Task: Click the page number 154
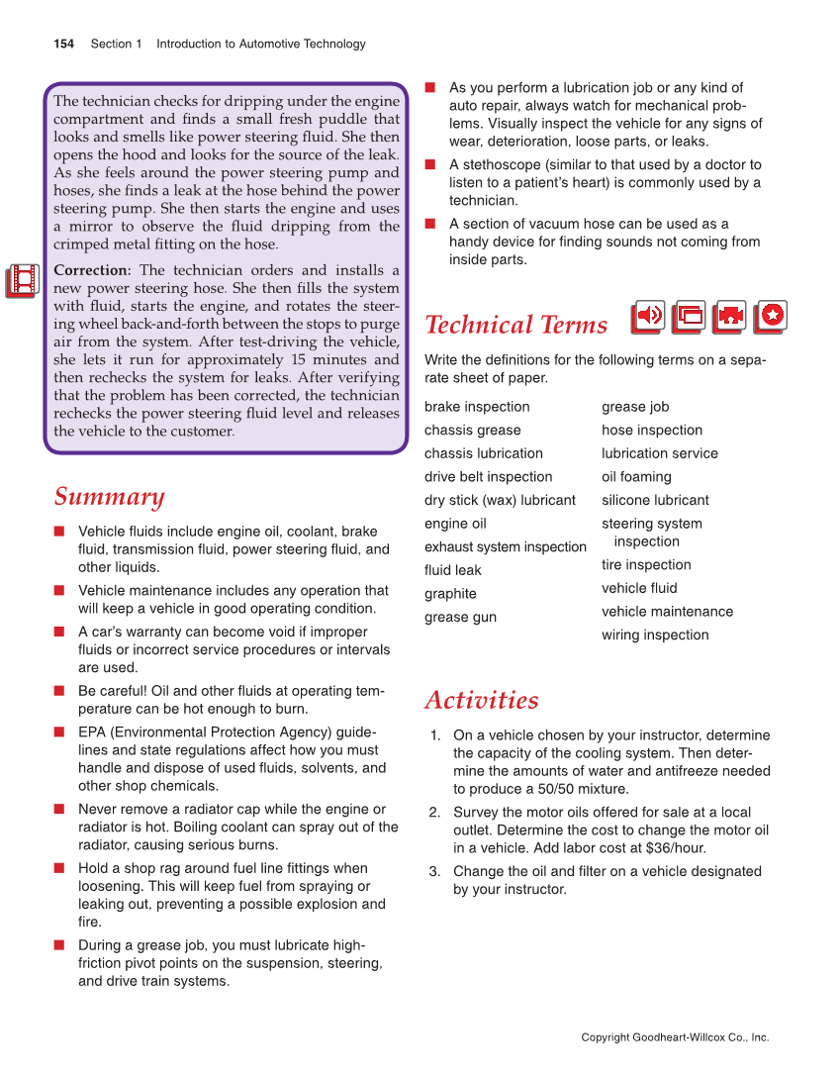coord(63,44)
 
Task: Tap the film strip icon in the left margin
coord(22,281)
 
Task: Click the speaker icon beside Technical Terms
coord(649,317)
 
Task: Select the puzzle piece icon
coord(730,317)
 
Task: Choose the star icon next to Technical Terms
coord(771,317)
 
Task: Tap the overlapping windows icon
coord(690,317)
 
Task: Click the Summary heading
coord(109,496)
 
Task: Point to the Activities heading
coord(481,700)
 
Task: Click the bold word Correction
coord(92,270)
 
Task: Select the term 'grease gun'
coord(460,617)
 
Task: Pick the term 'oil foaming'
coord(636,476)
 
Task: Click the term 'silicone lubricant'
coord(655,500)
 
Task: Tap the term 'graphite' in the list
coord(450,593)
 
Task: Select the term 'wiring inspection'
coord(655,635)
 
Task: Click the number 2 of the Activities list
coord(434,813)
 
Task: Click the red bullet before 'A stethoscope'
coord(431,164)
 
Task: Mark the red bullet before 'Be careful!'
coord(60,691)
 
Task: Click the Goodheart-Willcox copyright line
coord(675,1037)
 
